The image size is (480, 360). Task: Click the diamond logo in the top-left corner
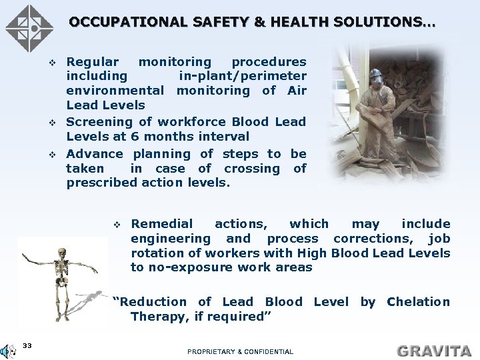click(x=29, y=29)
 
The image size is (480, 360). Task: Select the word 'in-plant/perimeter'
click(x=242, y=76)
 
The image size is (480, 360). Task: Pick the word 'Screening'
click(x=99, y=122)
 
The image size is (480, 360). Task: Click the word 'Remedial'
click(x=161, y=224)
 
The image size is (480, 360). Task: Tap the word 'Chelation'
click(x=418, y=302)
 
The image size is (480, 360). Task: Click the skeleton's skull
click(x=62, y=254)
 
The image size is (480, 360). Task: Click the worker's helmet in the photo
click(x=376, y=73)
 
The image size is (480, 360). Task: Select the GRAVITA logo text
click(x=433, y=350)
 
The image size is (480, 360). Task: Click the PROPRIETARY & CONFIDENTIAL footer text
click(x=240, y=351)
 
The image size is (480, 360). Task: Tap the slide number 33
click(x=27, y=345)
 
